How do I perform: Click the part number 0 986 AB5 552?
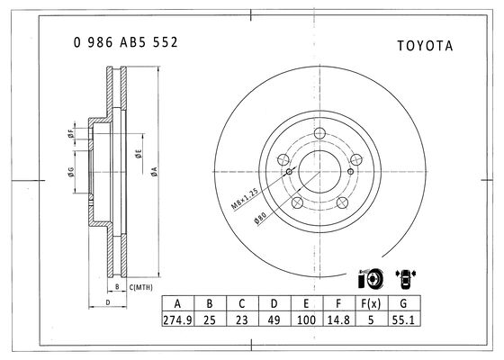pyautogui.click(x=125, y=42)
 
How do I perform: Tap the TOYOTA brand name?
pyautogui.click(x=425, y=46)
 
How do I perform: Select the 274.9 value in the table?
pyautogui.click(x=178, y=320)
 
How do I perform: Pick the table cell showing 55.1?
pyautogui.click(x=403, y=320)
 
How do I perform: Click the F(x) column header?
pyautogui.click(x=371, y=303)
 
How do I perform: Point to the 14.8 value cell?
pyautogui.click(x=338, y=320)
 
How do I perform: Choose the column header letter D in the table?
pyautogui.click(x=274, y=303)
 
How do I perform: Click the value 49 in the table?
pyautogui.click(x=274, y=320)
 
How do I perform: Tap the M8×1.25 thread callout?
pyautogui.click(x=245, y=199)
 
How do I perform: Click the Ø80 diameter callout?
pyautogui.click(x=260, y=218)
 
